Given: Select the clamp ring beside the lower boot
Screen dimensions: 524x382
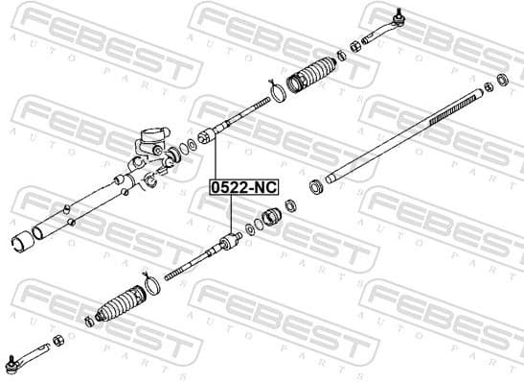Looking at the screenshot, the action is [x=151, y=284].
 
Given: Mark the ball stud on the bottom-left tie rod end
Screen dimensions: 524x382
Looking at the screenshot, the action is [x=11, y=362].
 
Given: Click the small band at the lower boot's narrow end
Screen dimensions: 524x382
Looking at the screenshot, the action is [x=88, y=321].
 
